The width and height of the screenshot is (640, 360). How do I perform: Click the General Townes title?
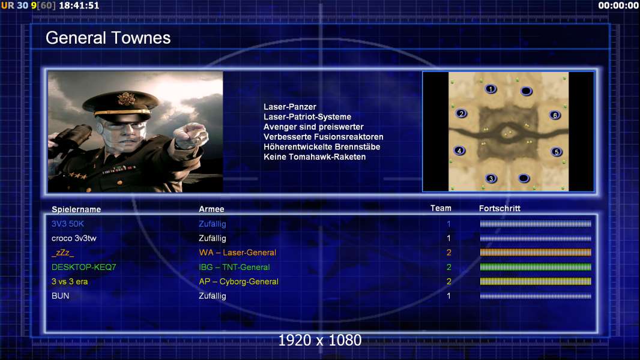[x=108, y=38]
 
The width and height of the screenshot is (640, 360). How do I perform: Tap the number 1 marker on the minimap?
[x=491, y=89]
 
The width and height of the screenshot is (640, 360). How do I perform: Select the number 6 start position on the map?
[x=555, y=115]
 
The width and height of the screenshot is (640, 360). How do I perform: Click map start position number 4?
[x=460, y=151]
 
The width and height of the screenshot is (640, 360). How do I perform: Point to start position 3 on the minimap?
[x=491, y=178]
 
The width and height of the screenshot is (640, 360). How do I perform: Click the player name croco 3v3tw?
[x=74, y=238]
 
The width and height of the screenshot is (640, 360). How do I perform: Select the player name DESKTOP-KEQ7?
[x=83, y=267]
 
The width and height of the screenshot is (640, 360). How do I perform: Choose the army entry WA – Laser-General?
[x=238, y=253]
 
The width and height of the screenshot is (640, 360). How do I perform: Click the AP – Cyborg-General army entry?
[x=239, y=281]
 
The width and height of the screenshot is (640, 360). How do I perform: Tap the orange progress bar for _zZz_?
[x=536, y=253]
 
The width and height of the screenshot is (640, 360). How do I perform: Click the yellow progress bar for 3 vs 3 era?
[x=536, y=281]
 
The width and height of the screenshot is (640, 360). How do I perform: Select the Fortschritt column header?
[x=500, y=208]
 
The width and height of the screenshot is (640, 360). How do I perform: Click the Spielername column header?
[x=76, y=209]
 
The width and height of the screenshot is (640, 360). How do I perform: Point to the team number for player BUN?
[x=448, y=296]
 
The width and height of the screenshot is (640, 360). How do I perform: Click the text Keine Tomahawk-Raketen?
[x=315, y=157]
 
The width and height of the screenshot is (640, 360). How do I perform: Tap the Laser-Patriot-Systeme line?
[x=307, y=116]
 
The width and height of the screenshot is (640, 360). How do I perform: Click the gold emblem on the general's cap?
[x=125, y=98]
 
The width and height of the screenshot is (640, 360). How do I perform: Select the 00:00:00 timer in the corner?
[x=618, y=6]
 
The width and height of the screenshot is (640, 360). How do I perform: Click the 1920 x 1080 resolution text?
[x=320, y=340]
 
